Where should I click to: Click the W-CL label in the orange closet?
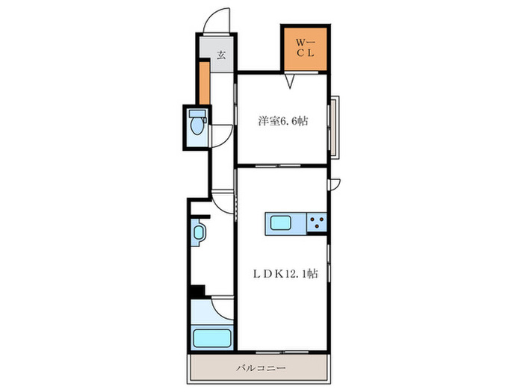(305, 48)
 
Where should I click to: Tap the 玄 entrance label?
(221, 55)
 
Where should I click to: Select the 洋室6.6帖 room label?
(283, 121)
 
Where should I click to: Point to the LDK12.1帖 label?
(285, 274)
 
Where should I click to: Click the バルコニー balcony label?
(261, 368)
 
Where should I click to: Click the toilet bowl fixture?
(197, 122)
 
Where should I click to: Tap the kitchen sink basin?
(280, 223)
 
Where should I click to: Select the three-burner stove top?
(317, 223)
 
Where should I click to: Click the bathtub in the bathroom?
(211, 338)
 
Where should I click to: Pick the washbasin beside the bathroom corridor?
(199, 232)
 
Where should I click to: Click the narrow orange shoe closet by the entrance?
(205, 83)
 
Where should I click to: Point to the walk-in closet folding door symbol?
(290, 81)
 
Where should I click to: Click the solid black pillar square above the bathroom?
(197, 291)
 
